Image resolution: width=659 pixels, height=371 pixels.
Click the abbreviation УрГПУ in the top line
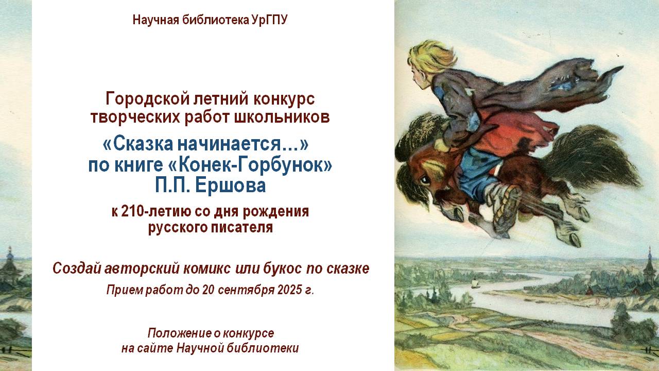click(x=269, y=20)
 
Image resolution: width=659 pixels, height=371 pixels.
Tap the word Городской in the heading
click(x=148, y=98)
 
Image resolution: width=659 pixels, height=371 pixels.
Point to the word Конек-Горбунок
click(x=251, y=165)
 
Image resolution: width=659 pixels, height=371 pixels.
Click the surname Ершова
click(x=230, y=185)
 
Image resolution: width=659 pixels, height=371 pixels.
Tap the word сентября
click(x=246, y=290)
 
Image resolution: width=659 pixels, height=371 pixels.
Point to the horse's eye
click(x=425, y=180)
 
